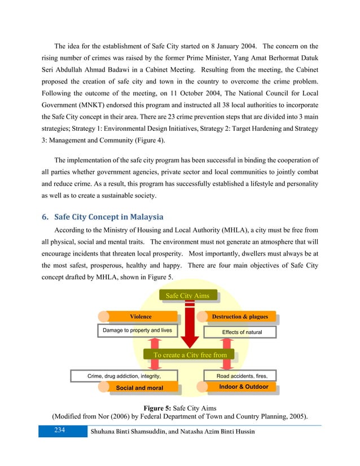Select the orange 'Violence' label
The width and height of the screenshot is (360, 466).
click(x=141, y=317)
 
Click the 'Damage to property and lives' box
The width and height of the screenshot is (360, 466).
click(x=137, y=330)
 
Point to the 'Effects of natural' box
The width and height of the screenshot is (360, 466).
click(x=242, y=332)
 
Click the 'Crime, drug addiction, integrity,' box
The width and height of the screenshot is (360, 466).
click(x=124, y=375)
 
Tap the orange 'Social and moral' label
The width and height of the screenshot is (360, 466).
click(x=139, y=388)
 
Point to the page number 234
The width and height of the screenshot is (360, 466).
click(x=56, y=430)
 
